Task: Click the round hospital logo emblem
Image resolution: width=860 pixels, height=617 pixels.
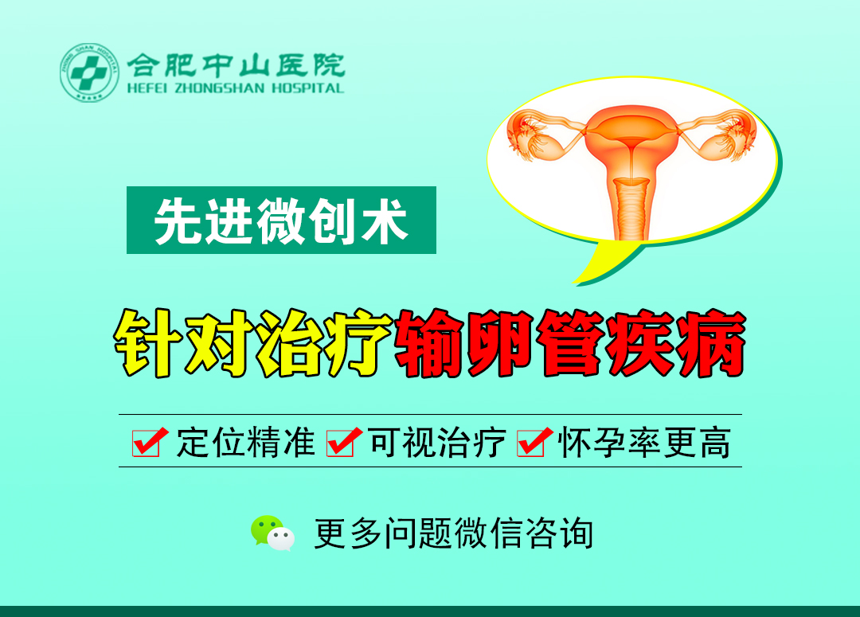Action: [89, 73]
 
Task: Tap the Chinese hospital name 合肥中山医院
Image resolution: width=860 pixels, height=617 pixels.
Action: [236, 65]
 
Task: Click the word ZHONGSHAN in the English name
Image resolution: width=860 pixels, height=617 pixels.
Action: [220, 88]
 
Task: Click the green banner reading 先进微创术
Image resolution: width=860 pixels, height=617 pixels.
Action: [281, 220]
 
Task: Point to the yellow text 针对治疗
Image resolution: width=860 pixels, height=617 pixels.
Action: [252, 343]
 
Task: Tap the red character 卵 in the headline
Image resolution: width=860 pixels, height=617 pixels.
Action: [500, 343]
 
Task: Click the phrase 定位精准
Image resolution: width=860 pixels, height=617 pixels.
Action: [246, 443]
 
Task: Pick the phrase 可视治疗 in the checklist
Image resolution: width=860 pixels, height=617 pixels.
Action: [437, 443]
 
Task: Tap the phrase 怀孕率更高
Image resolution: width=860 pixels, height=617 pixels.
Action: [644, 443]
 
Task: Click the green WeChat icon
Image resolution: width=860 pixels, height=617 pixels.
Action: [272, 533]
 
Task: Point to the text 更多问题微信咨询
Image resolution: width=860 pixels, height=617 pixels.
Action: [454, 533]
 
